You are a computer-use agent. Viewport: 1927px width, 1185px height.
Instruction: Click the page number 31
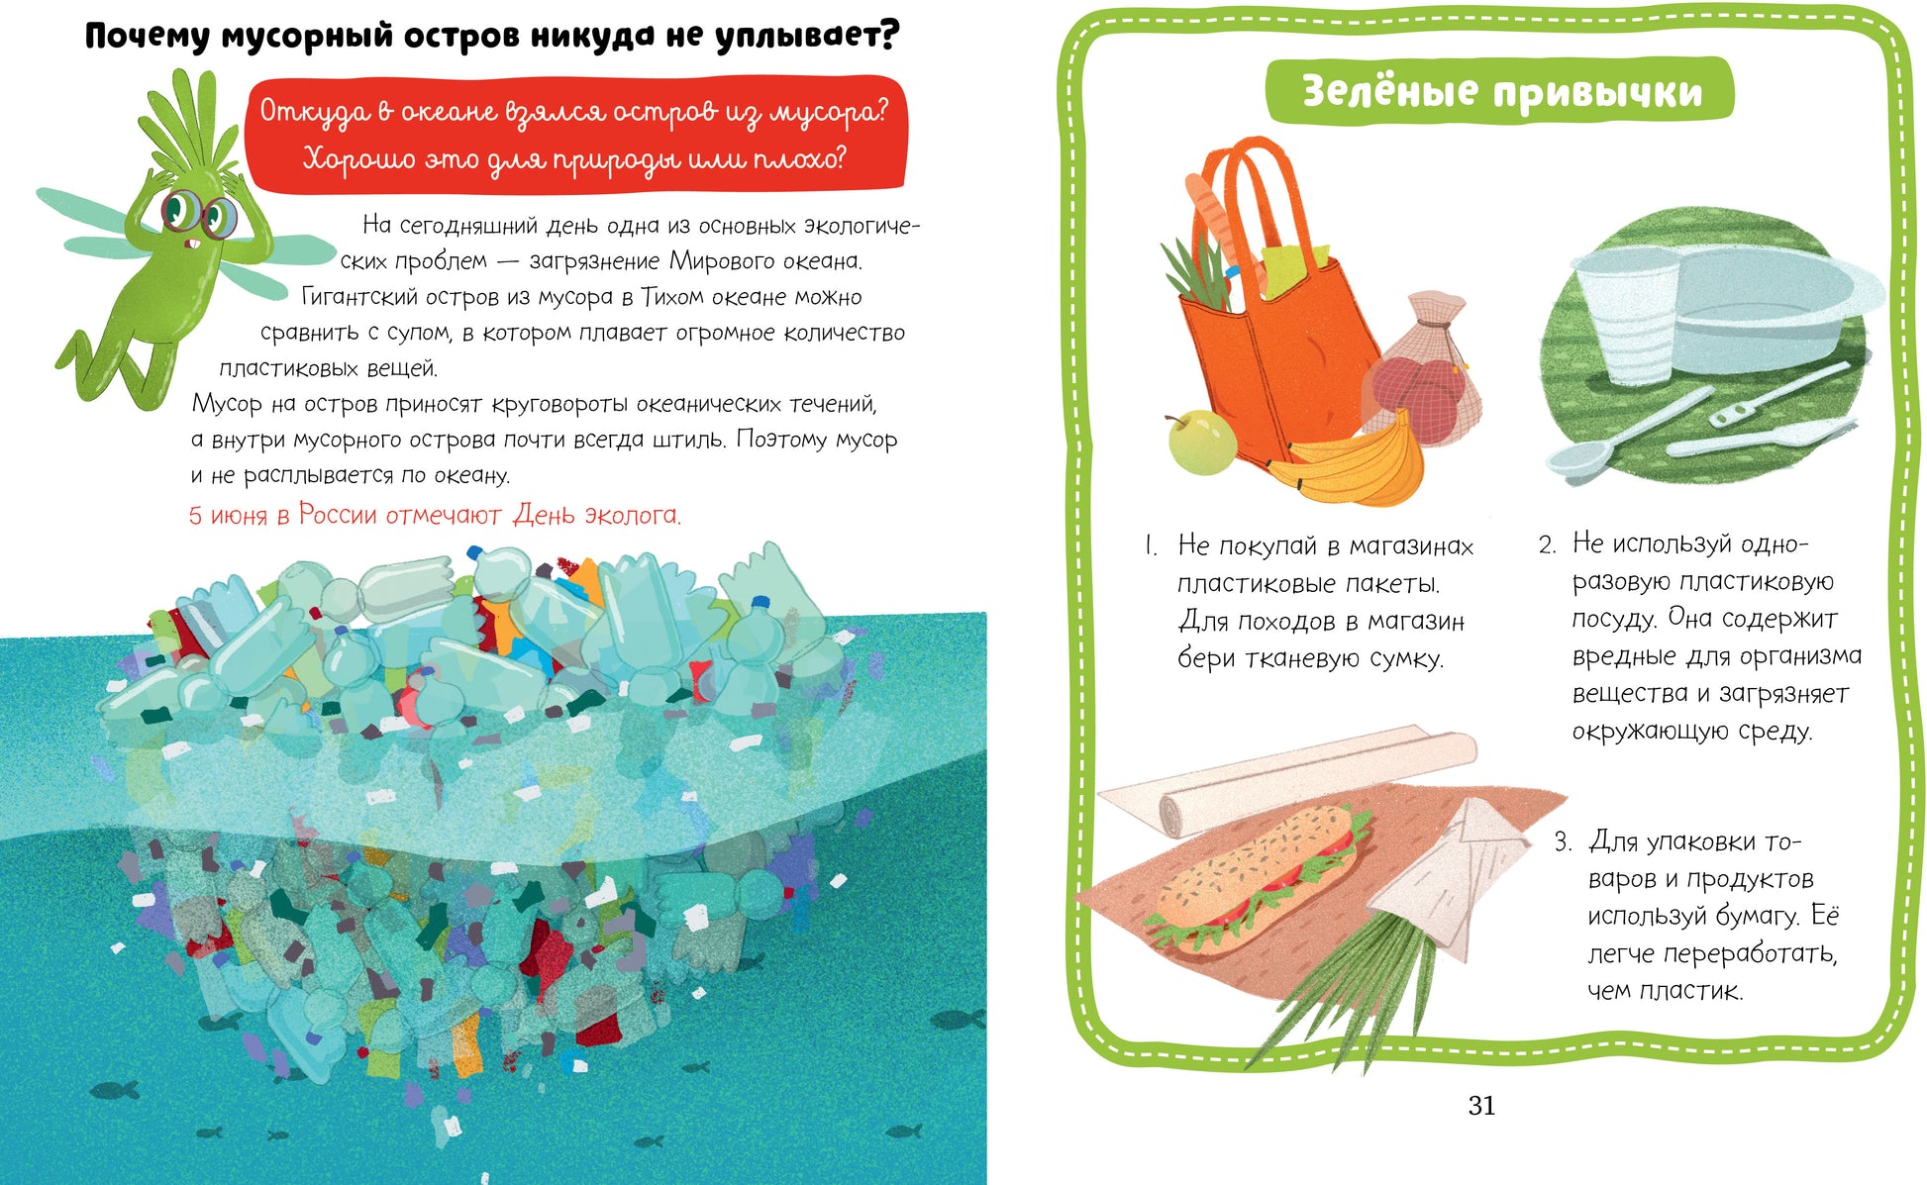point(1481,1106)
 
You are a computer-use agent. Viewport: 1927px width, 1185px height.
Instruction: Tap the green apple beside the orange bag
point(1201,442)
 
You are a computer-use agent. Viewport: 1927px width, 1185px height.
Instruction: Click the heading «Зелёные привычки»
point(1501,91)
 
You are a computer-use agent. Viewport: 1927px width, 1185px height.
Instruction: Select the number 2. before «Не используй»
point(1548,544)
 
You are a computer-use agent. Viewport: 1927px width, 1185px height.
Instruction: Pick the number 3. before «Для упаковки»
point(1563,842)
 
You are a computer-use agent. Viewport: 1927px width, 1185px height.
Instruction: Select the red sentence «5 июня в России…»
point(435,515)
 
